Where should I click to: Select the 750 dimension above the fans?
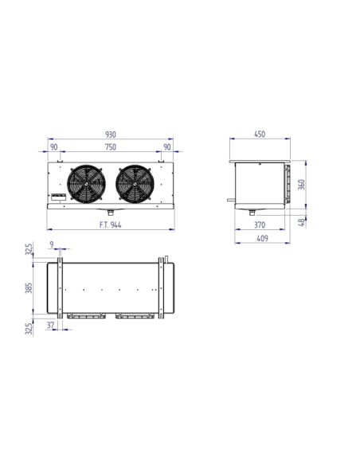pyautogui.click(x=109, y=147)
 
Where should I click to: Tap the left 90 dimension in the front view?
pyautogui.click(x=53, y=147)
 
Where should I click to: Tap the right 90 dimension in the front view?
pyautogui.click(x=166, y=147)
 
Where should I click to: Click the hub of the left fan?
pyautogui.click(x=87, y=183)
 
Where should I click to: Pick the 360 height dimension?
pyautogui.click(x=301, y=185)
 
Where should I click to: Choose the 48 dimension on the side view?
pyautogui.click(x=301, y=222)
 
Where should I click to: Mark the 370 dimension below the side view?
pyautogui.click(x=260, y=226)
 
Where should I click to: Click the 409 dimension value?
pyautogui.click(x=260, y=238)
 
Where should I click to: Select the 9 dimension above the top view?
pyautogui.click(x=52, y=245)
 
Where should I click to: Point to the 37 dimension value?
pyautogui.click(x=52, y=326)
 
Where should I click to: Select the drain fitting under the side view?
pyautogui.click(x=252, y=212)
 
